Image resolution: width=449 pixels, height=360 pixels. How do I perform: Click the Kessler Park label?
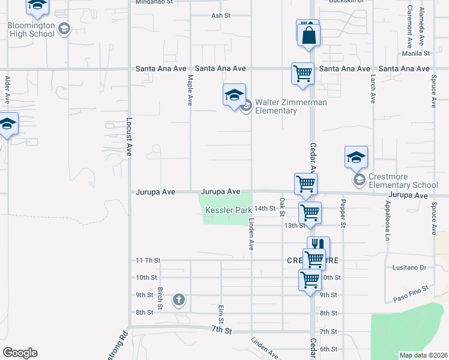228,211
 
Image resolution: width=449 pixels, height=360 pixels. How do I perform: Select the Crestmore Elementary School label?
404,181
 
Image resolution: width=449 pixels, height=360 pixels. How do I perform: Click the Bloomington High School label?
32,29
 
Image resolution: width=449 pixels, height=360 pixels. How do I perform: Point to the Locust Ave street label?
128,137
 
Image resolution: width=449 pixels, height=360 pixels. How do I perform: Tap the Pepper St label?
344,214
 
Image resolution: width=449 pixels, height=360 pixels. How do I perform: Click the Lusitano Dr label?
409,268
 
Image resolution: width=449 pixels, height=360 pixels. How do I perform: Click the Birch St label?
160,298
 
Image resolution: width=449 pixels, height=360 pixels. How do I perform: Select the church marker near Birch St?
178,299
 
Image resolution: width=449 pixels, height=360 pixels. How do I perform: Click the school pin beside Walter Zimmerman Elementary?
234,95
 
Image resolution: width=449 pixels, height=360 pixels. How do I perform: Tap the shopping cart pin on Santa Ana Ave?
303,73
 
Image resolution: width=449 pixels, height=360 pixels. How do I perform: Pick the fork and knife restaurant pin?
318,245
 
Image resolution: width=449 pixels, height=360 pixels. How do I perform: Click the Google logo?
20,353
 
